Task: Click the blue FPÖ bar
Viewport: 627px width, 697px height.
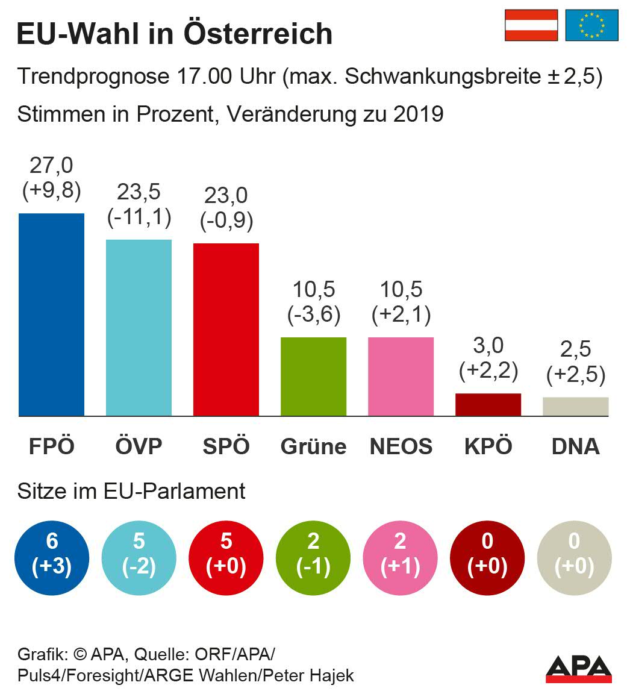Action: pyautogui.click(x=51, y=314)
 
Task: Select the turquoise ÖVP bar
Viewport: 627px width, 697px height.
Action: pyautogui.click(x=139, y=328)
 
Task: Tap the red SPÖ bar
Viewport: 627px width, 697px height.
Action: pyautogui.click(x=226, y=330)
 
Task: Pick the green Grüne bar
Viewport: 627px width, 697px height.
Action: pyautogui.click(x=313, y=377)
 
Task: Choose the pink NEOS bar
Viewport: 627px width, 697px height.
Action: pyautogui.click(x=401, y=377)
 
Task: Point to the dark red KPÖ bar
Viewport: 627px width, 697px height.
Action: pyautogui.click(x=488, y=404)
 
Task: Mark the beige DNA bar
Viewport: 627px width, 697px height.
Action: pyautogui.click(x=575, y=407)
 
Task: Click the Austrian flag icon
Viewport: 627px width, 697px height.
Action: pyautogui.click(x=531, y=25)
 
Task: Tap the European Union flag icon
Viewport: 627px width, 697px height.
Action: pyautogui.click(x=592, y=25)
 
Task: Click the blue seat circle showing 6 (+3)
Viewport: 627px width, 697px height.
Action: pyautogui.click(x=52, y=554)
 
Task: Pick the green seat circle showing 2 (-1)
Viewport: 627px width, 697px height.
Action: pyautogui.click(x=313, y=554)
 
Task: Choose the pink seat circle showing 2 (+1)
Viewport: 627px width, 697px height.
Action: pyautogui.click(x=401, y=554)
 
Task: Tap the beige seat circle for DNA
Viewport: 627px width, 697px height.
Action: pyautogui.click(x=574, y=554)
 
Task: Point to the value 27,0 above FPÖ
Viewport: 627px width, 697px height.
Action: pyautogui.click(x=51, y=164)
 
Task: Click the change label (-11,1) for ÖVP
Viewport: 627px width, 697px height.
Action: pyautogui.click(x=139, y=217)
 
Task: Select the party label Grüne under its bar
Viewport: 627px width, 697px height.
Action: pyautogui.click(x=313, y=446)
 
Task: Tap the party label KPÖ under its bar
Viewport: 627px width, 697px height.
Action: pyautogui.click(x=488, y=446)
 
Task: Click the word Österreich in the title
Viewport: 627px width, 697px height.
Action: pyautogui.click(x=257, y=33)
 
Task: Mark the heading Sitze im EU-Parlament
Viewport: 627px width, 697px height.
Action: pyautogui.click(x=131, y=491)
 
